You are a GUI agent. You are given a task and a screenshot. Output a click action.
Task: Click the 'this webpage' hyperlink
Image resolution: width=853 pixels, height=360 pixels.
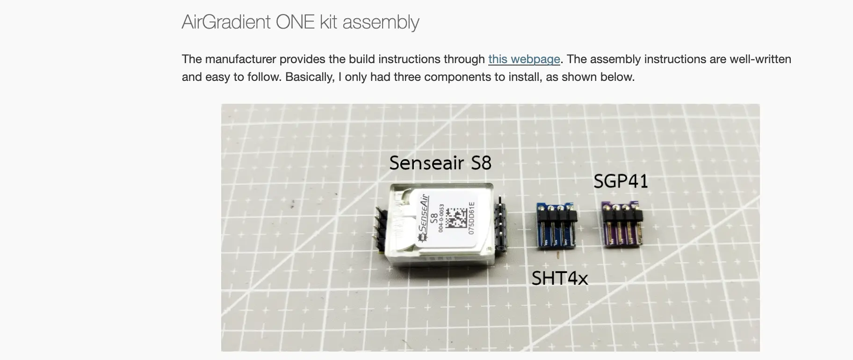click(524, 59)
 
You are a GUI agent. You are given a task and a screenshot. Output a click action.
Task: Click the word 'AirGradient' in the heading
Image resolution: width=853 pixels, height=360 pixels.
click(226, 22)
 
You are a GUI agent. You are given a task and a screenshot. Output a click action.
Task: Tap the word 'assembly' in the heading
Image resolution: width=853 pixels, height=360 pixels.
click(381, 22)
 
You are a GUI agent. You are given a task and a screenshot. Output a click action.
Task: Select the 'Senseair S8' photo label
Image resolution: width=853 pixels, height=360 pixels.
click(441, 163)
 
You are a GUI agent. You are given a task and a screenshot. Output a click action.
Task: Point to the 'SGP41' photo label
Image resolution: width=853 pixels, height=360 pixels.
click(621, 181)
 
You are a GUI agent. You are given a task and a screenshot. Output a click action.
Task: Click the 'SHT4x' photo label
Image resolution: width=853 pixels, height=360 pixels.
click(560, 278)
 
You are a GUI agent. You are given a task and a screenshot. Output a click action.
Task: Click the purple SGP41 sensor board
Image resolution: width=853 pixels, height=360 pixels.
click(622, 223)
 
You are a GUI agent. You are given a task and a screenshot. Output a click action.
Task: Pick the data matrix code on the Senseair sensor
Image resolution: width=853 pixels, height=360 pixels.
click(455, 218)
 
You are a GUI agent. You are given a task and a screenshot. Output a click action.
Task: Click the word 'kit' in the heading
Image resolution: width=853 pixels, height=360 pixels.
click(329, 22)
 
